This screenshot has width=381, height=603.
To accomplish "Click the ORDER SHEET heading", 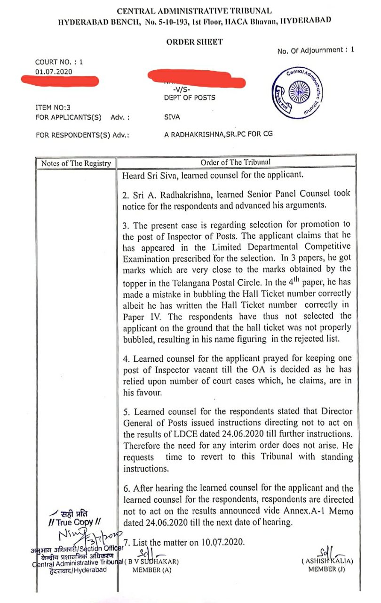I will (x=194, y=42).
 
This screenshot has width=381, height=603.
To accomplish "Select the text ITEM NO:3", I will (x=53, y=108).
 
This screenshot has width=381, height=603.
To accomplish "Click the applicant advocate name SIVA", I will (x=173, y=117).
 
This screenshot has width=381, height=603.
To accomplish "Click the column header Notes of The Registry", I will (x=76, y=163).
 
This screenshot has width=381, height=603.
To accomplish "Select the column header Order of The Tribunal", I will (x=236, y=163).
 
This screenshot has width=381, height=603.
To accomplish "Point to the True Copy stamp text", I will (x=75, y=522).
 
